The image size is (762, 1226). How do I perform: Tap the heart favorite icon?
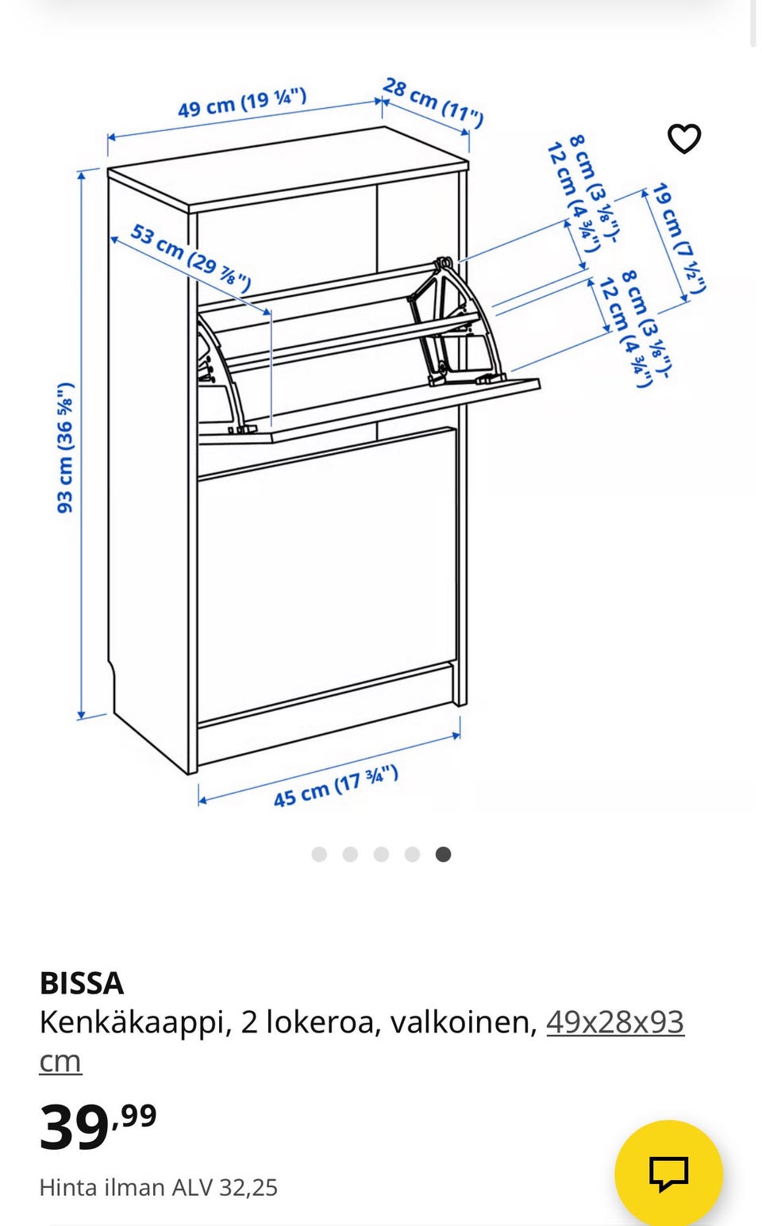coord(683,139)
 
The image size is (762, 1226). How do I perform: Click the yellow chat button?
coord(668,1173)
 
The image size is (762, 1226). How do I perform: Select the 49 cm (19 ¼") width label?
coord(241,103)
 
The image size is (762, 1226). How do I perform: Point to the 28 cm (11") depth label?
coord(433,102)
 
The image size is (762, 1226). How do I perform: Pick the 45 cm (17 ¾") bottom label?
coord(336,786)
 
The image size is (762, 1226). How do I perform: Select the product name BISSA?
coord(82,983)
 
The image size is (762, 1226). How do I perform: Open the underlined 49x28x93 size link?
coord(614,1022)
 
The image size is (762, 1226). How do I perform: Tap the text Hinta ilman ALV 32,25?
coord(158,1187)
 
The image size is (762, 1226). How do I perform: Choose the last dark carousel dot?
coord(443,854)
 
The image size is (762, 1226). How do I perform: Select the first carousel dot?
coord(319,854)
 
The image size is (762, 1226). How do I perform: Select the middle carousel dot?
coord(381,854)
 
